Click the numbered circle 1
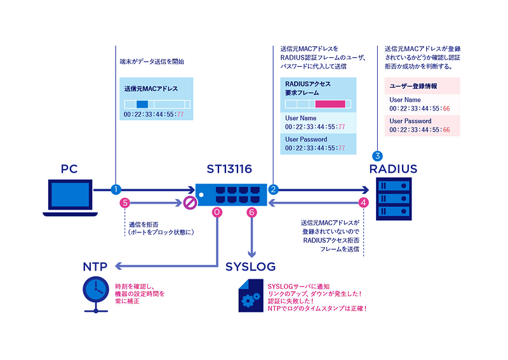(116, 189)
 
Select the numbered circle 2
(273, 189)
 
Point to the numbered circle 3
(377, 156)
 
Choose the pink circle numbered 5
(125, 203)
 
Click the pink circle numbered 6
(252, 213)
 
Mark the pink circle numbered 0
(217, 213)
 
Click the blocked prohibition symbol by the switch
(189, 203)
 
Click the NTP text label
(95, 266)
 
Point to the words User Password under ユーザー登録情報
(410, 121)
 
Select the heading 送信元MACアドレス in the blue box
(151, 88)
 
